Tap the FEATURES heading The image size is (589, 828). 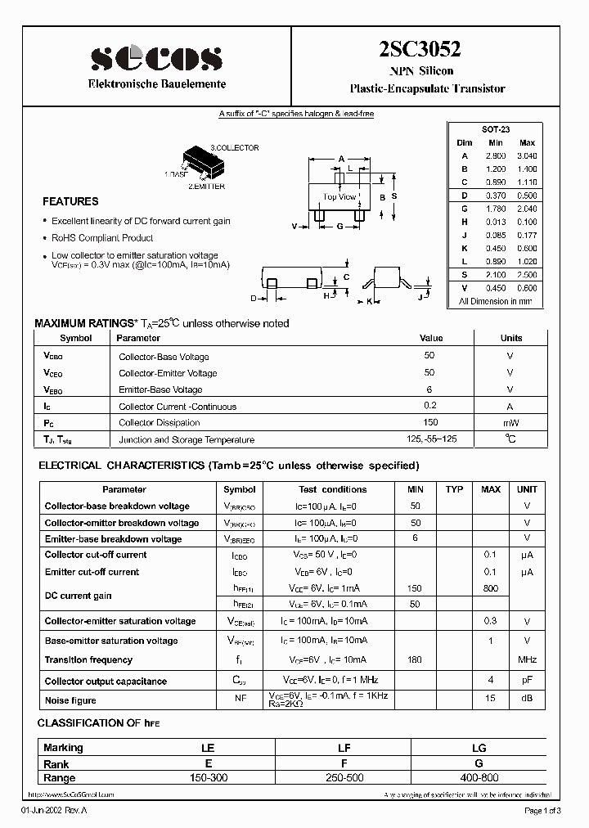(x=70, y=201)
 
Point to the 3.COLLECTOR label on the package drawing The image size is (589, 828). (x=235, y=148)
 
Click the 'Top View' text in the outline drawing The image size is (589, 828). (x=339, y=196)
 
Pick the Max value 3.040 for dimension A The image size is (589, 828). (x=528, y=155)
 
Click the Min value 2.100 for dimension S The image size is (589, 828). (x=496, y=276)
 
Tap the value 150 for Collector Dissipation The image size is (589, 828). (x=429, y=423)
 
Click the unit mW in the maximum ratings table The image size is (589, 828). (x=511, y=423)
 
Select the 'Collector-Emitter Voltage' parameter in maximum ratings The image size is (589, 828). (x=168, y=373)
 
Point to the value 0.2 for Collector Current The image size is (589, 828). (x=429, y=407)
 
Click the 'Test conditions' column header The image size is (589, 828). (x=333, y=489)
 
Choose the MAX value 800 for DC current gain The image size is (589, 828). (x=491, y=587)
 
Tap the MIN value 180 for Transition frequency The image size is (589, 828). (x=416, y=659)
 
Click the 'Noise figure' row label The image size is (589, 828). (x=70, y=700)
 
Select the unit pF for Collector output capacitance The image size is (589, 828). (x=527, y=681)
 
